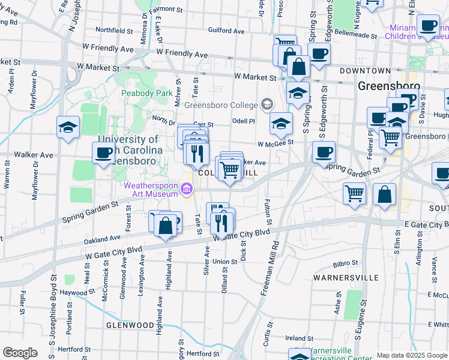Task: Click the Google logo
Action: pyautogui.click(x=20, y=353)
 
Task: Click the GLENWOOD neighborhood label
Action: pyautogui.click(x=130, y=325)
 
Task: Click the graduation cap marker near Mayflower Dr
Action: pyautogui.click(x=68, y=128)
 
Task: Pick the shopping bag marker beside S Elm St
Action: pyautogui.click(x=384, y=195)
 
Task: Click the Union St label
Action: pyautogui.click(x=225, y=262)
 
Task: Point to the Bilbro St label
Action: pyautogui.click(x=346, y=263)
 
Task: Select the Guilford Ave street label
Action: pyautogui.click(x=226, y=30)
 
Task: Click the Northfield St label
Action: pyautogui.click(x=113, y=30)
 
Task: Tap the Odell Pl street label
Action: pyautogui.click(x=244, y=121)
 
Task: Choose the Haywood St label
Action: pyautogui.click(x=73, y=293)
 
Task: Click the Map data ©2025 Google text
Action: pyautogui.click(x=412, y=355)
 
